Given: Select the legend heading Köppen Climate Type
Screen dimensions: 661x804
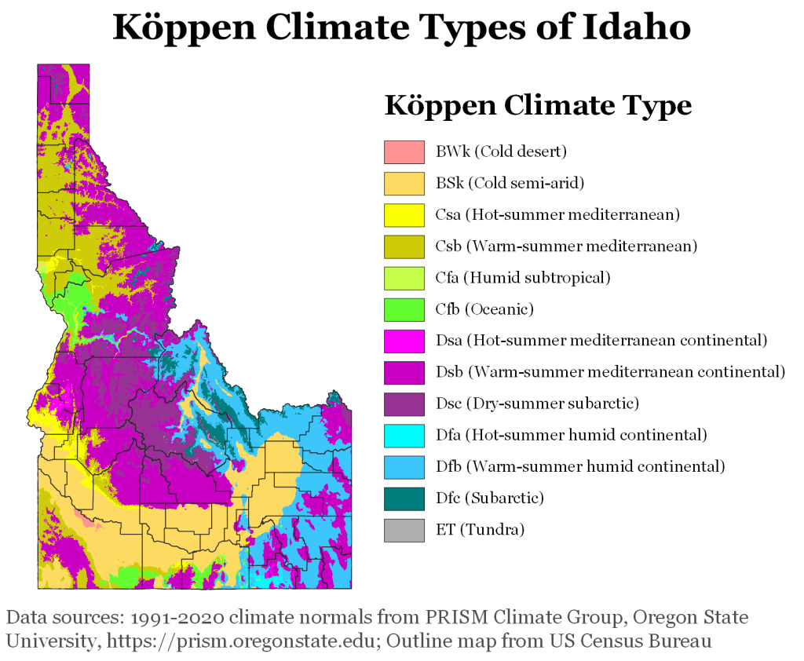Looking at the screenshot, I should tap(538, 105).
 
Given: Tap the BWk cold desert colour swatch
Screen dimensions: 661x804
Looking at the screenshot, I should tap(404, 152).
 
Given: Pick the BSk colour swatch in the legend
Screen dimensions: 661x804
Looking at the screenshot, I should tap(404, 183).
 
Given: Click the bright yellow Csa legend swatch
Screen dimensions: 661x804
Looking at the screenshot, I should tap(404, 214).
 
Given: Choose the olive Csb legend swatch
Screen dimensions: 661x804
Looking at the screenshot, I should tap(404, 246).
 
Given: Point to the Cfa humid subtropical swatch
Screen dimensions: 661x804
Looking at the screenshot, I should tap(404, 277).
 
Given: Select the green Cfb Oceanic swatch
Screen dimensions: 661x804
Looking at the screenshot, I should tap(404, 309).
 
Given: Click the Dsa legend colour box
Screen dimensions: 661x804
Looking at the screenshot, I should tap(404, 340).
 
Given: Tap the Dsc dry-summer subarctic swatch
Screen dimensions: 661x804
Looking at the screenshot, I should tap(404, 404).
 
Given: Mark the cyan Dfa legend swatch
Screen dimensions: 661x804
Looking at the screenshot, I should tap(404, 435).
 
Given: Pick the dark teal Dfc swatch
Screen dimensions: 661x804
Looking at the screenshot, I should tap(404, 498).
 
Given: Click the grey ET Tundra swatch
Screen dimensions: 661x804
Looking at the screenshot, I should tap(404, 529).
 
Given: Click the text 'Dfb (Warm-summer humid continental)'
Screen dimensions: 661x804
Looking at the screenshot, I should tap(579, 466).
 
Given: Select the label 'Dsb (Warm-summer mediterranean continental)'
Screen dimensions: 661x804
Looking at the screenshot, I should tap(610, 372).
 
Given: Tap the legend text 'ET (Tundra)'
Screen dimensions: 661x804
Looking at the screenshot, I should tap(479, 529).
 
